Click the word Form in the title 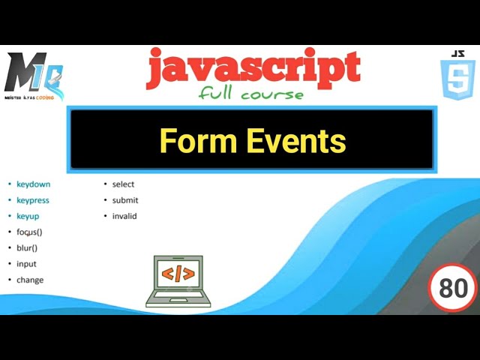[194, 141]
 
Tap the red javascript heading [253, 68]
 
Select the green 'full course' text [251, 94]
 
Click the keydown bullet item [33, 184]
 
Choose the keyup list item [28, 216]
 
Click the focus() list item [29, 232]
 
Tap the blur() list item [27, 247]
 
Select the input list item [26, 264]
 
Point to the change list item [30, 280]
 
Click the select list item [123, 184]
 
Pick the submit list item [125, 200]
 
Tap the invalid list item [124, 216]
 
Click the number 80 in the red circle [453, 288]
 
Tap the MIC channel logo [34, 76]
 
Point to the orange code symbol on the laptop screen [178, 273]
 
